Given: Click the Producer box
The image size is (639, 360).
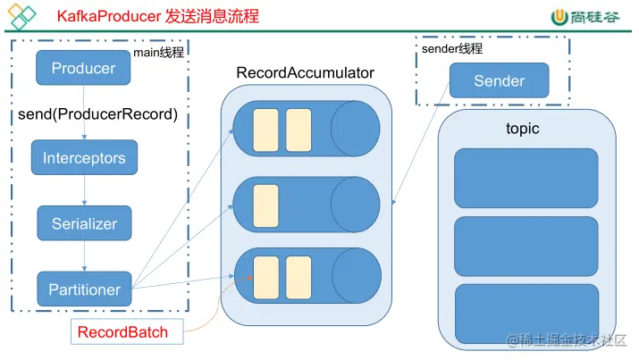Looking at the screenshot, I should [x=83, y=69].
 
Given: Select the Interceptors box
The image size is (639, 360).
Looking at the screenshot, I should [x=84, y=158].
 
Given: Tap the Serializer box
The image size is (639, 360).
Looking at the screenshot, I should [x=84, y=223].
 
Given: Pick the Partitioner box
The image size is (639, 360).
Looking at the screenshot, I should [x=84, y=289].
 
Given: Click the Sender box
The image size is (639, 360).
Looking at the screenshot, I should [x=499, y=80].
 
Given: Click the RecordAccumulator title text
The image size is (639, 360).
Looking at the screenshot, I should [x=305, y=72].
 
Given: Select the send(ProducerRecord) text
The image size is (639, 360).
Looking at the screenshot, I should [x=98, y=114].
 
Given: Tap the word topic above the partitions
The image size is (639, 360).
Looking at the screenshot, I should [x=523, y=129].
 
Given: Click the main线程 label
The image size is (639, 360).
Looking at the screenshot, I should [x=158, y=52].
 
